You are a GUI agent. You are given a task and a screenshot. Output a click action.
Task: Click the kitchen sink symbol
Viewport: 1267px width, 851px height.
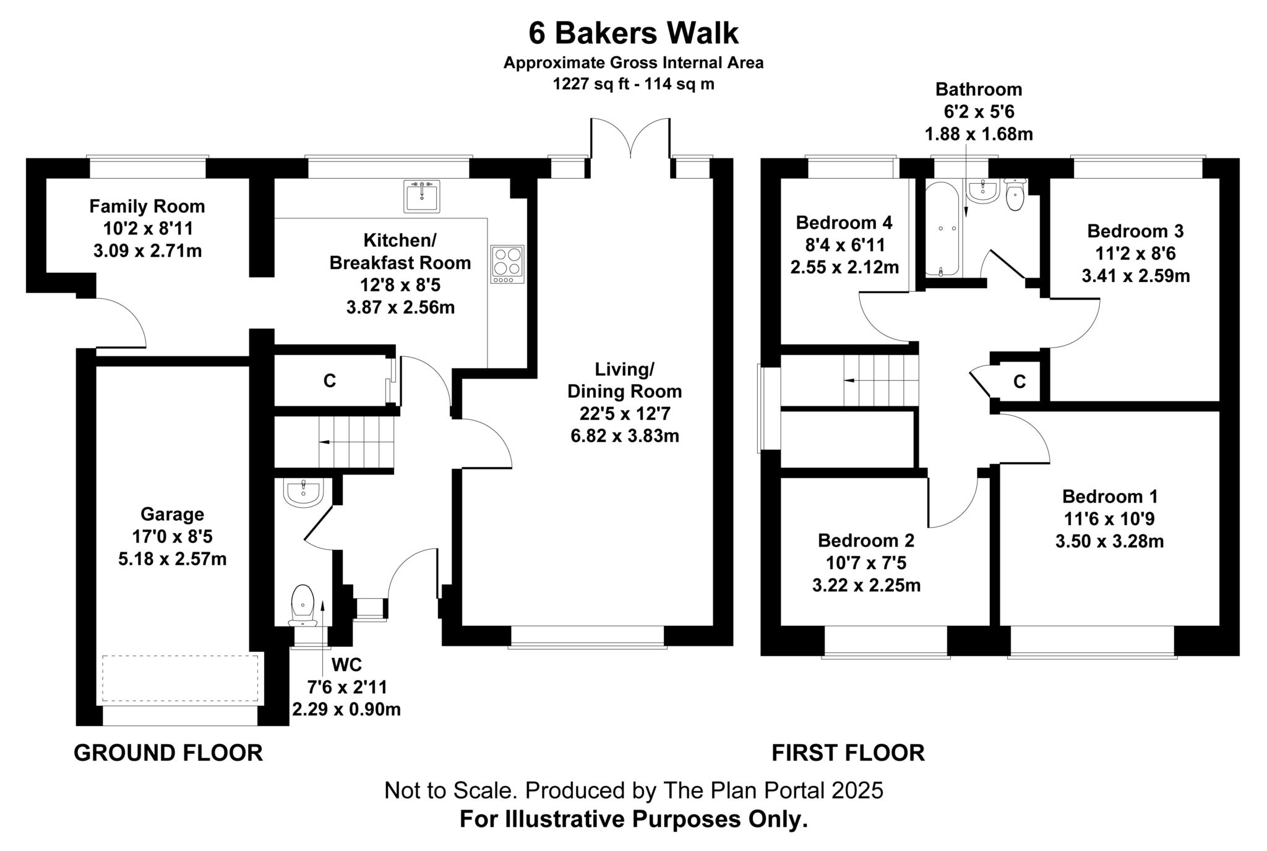tap(421, 196)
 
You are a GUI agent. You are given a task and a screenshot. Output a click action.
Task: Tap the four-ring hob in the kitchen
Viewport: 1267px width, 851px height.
tap(507, 264)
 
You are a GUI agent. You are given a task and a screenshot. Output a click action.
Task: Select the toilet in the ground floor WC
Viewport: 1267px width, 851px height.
tap(303, 604)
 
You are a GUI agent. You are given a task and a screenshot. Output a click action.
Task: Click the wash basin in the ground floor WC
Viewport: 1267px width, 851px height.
tap(303, 492)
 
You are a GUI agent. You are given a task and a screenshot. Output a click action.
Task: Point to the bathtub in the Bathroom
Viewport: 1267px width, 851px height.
tap(941, 229)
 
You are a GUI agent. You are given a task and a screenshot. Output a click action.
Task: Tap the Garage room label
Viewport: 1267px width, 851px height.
tap(172, 514)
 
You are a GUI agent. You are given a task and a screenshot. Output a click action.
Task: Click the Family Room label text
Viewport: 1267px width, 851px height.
tap(147, 206)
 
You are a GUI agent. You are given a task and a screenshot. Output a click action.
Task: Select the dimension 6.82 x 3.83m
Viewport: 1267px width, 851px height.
tap(624, 436)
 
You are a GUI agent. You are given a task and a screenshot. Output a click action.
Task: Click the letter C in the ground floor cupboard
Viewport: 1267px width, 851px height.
tap(329, 381)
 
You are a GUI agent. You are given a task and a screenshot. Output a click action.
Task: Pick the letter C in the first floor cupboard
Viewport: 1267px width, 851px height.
tap(1019, 382)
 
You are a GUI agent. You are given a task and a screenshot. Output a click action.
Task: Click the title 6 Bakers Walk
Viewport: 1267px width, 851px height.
tap(633, 33)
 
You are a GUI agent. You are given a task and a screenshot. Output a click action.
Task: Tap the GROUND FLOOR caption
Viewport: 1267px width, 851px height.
tap(168, 753)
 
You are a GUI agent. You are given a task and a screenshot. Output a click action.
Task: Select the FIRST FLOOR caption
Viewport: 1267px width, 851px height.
tap(848, 753)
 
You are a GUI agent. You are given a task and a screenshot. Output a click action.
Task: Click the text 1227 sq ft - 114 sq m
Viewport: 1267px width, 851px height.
tap(633, 84)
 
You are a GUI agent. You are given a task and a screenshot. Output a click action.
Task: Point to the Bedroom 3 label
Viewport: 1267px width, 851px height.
tap(1135, 231)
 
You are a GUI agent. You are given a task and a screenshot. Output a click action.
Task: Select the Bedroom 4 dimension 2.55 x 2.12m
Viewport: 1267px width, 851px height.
tap(844, 267)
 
